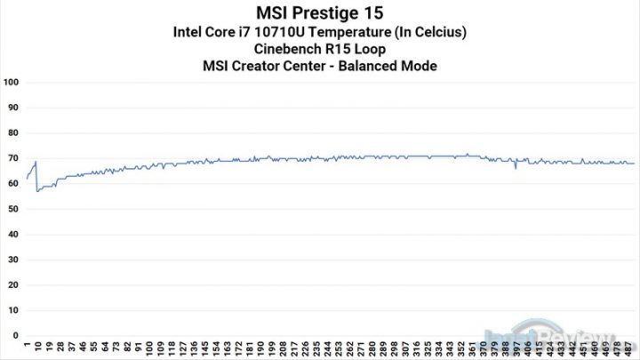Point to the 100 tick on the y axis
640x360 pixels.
tap(12, 82)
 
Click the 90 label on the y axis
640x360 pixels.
tap(13, 108)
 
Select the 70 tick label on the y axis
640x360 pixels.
tap(13, 158)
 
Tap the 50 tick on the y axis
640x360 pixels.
tap(13, 209)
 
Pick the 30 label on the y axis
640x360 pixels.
tap(13, 260)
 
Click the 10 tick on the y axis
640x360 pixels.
tap(13, 310)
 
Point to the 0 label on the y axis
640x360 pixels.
tap(16, 336)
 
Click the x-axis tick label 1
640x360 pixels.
tap(28, 347)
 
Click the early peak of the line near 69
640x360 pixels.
tap(36, 161)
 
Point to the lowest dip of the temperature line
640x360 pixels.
tap(37, 191)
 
